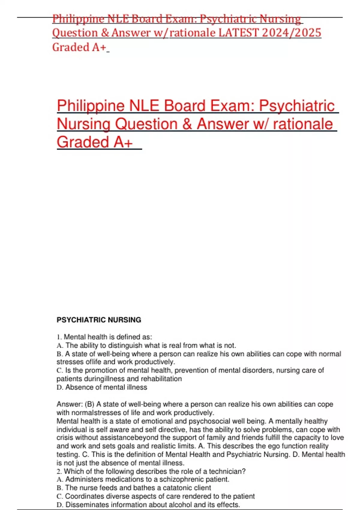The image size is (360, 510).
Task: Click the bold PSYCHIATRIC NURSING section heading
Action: pyautogui.click(x=99, y=320)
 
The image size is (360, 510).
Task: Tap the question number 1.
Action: pyautogui.click(x=59, y=337)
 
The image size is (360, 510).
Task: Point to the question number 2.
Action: pyautogui.click(x=59, y=471)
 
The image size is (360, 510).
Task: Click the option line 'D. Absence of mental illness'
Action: pyautogui.click(x=102, y=387)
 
